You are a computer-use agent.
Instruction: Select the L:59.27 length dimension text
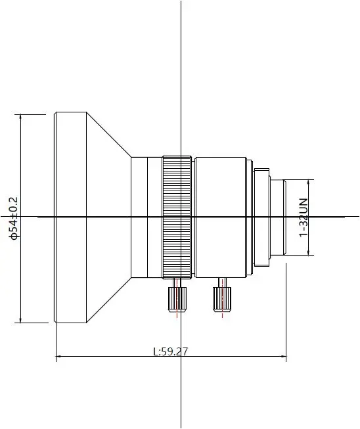pyautogui.click(x=170, y=351)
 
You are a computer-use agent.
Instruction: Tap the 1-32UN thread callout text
pyautogui.click(x=304, y=217)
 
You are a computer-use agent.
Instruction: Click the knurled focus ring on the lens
pyautogui.click(x=177, y=217)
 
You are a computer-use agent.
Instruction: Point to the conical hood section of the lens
pyautogui.click(x=108, y=217)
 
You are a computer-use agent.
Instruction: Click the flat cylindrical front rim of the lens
pyautogui.click(x=70, y=217)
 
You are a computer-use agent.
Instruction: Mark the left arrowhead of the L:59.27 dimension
pyautogui.click(x=58, y=357)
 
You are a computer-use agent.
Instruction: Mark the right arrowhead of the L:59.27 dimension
pyautogui.click(x=284, y=357)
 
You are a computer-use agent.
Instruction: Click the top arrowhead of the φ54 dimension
pyautogui.click(x=21, y=116)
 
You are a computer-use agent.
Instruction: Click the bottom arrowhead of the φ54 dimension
pyautogui.click(x=21, y=321)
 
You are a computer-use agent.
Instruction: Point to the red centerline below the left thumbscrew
pyautogui.click(x=176, y=314)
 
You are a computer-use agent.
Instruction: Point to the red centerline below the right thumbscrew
pyautogui.click(x=222, y=314)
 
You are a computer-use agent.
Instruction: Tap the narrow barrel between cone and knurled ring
pyautogui.click(x=146, y=217)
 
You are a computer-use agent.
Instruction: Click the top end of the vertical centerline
pyautogui.click(x=181, y=2)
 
